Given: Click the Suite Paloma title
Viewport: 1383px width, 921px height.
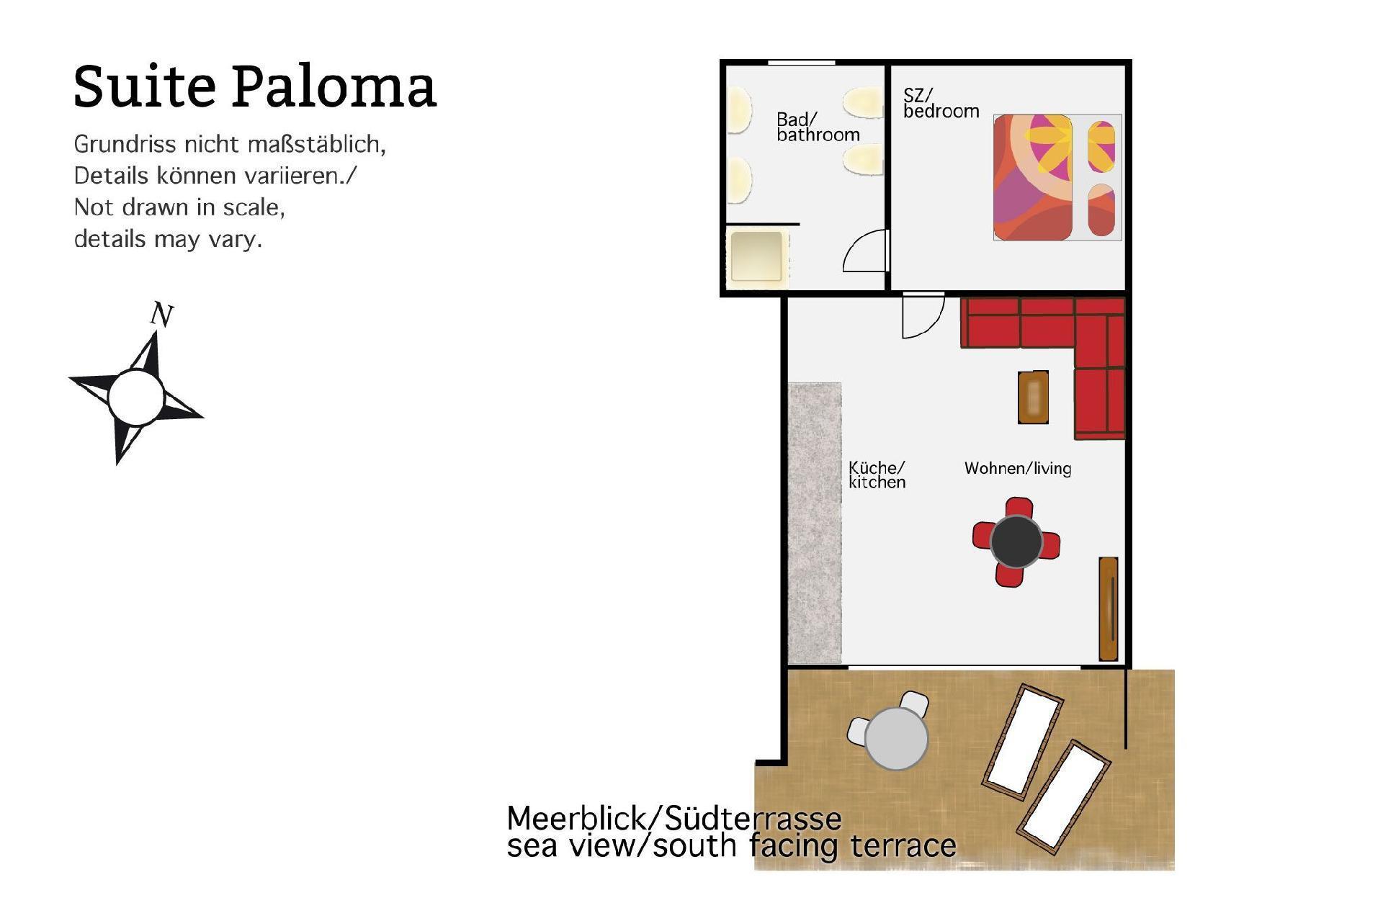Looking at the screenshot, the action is [x=255, y=87].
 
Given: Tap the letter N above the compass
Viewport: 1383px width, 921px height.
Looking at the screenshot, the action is [x=162, y=315].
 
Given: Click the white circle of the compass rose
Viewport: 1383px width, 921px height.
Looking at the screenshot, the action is [x=136, y=397].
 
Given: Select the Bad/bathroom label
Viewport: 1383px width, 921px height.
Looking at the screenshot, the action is [x=818, y=127].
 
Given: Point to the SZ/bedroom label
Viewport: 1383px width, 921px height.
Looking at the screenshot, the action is [x=941, y=103].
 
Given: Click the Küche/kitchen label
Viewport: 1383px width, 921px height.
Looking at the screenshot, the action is [x=877, y=475].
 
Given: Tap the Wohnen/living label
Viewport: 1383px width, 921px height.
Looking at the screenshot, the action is [x=1018, y=468].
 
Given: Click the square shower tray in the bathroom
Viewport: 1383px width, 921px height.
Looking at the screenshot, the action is [x=756, y=256].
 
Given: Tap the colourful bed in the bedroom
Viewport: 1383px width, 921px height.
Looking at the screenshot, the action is [x=1057, y=177].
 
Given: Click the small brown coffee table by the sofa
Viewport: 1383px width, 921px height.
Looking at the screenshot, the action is [x=1033, y=397].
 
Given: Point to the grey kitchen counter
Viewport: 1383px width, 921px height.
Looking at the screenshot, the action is [x=815, y=524].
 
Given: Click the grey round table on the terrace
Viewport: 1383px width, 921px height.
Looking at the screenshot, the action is [x=896, y=738].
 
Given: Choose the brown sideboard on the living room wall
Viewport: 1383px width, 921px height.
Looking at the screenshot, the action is [x=1108, y=608].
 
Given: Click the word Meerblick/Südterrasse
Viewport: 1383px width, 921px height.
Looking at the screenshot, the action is [x=674, y=819].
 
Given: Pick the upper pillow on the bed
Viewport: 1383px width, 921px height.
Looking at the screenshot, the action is [x=1101, y=147].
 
